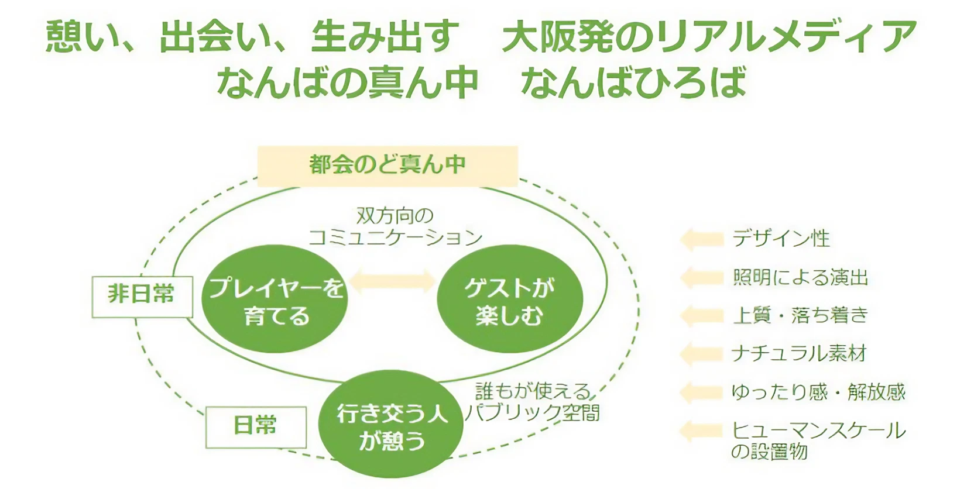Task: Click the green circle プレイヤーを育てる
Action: (275, 299)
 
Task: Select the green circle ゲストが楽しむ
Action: (510, 299)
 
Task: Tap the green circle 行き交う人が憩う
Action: (390, 424)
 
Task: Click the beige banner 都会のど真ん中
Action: (387, 166)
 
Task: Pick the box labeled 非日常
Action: (142, 297)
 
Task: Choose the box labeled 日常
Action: (256, 427)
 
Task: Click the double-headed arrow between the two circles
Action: (393, 281)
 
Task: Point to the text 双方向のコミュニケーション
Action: (395, 226)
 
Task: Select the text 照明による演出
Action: (800, 277)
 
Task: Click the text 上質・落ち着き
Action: (800, 315)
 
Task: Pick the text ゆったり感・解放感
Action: (818, 392)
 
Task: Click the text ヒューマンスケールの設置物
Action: (818, 441)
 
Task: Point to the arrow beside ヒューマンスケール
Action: (701, 431)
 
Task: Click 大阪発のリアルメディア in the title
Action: (709, 36)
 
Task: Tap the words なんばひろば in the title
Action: (633, 82)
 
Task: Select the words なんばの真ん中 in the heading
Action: (348, 82)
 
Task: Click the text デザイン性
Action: (781, 239)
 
